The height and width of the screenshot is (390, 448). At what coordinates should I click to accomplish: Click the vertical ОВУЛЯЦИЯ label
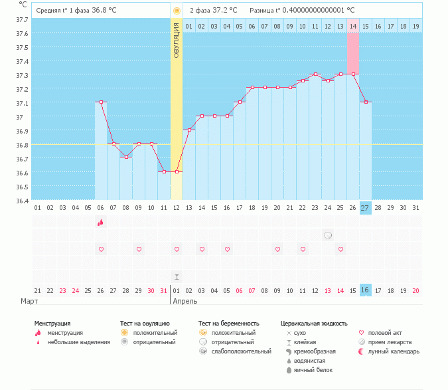177,40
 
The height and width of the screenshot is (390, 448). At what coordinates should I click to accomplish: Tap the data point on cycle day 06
101,102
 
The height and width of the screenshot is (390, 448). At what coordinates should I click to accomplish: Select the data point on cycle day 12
177,171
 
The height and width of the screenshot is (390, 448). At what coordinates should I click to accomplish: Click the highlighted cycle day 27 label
366,208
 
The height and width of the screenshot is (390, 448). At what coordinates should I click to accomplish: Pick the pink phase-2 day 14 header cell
353,26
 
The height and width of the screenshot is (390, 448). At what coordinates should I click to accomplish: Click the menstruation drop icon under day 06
101,223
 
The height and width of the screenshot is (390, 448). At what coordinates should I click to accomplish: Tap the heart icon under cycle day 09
139,249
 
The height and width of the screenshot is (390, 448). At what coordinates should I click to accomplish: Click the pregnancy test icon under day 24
328,235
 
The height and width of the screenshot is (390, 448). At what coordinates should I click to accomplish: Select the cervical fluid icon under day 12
177,276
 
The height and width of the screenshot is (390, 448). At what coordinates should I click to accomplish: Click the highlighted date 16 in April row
366,290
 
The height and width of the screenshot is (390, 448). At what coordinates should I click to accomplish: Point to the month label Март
29,301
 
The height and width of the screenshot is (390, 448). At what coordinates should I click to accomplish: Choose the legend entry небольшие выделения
79,341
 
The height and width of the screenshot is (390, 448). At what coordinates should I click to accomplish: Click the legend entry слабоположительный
242,351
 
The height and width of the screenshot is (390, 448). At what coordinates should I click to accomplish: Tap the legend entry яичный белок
313,369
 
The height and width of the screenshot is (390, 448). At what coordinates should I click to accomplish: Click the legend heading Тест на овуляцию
147,324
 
